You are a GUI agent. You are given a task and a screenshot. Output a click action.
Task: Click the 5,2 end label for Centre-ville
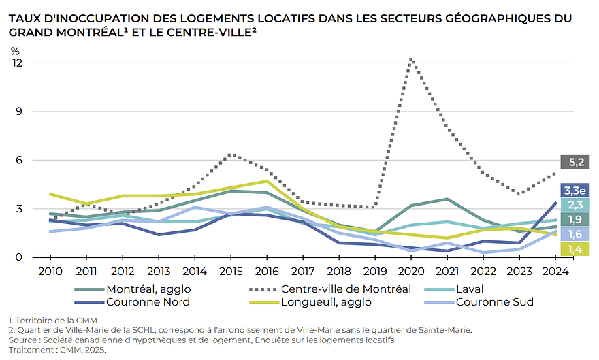[574, 162]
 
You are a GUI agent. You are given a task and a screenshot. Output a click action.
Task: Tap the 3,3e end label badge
[574, 190]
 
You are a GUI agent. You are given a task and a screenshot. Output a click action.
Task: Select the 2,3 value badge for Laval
[574, 204]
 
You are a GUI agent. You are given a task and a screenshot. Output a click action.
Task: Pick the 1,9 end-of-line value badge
[574, 219]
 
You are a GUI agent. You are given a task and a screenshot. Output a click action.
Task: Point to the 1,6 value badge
[574, 234]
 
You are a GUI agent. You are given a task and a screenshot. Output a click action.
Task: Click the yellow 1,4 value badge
[574, 249]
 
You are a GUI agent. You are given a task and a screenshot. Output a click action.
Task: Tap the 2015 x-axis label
[231, 272]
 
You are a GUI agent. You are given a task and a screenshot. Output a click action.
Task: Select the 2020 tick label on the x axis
[412, 272]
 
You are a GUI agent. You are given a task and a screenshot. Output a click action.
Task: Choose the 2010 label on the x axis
[50, 272]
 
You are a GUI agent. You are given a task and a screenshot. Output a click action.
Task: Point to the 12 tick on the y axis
[18, 63]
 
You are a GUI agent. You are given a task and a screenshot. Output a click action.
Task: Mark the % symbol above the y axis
[15, 50]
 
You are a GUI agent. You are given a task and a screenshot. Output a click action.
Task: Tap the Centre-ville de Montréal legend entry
[346, 289]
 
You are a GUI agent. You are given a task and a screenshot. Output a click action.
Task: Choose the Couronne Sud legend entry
[494, 301]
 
